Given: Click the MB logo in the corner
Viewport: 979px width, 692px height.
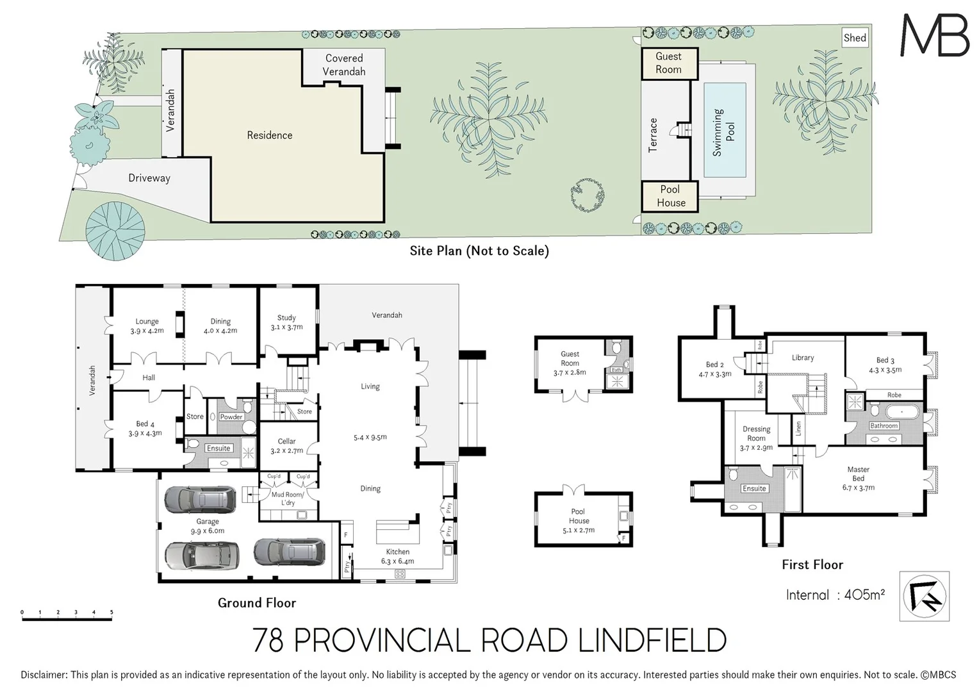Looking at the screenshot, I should click(x=934, y=35).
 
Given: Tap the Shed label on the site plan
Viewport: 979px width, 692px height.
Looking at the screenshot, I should click(x=855, y=38).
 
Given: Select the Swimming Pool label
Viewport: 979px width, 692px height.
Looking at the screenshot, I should click(x=724, y=132).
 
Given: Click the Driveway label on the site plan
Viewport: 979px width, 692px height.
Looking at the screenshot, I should click(x=149, y=178).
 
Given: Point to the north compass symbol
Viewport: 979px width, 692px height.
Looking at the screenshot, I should click(x=924, y=597).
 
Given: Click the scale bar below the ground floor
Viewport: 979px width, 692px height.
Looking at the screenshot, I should click(x=67, y=616).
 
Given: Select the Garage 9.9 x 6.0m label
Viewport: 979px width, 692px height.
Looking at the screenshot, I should click(x=207, y=526).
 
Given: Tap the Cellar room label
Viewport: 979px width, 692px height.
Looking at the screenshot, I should click(x=286, y=445).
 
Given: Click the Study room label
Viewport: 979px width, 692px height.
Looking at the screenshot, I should click(x=286, y=322).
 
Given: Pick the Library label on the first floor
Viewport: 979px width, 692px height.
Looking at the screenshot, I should click(x=802, y=358).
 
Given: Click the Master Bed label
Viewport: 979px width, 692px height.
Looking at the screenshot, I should click(x=858, y=478).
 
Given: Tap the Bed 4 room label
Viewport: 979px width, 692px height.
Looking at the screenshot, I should click(x=145, y=428).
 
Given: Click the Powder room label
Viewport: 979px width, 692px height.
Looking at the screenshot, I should click(x=231, y=416).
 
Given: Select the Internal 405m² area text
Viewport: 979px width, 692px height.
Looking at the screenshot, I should click(x=835, y=595).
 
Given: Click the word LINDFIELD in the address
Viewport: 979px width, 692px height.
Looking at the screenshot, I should click(x=652, y=640).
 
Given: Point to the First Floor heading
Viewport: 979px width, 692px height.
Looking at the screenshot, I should click(x=812, y=564).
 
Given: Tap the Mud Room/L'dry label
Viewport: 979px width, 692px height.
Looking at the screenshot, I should click(x=288, y=498).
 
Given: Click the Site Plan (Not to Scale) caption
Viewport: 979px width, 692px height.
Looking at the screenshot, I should click(x=479, y=251).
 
